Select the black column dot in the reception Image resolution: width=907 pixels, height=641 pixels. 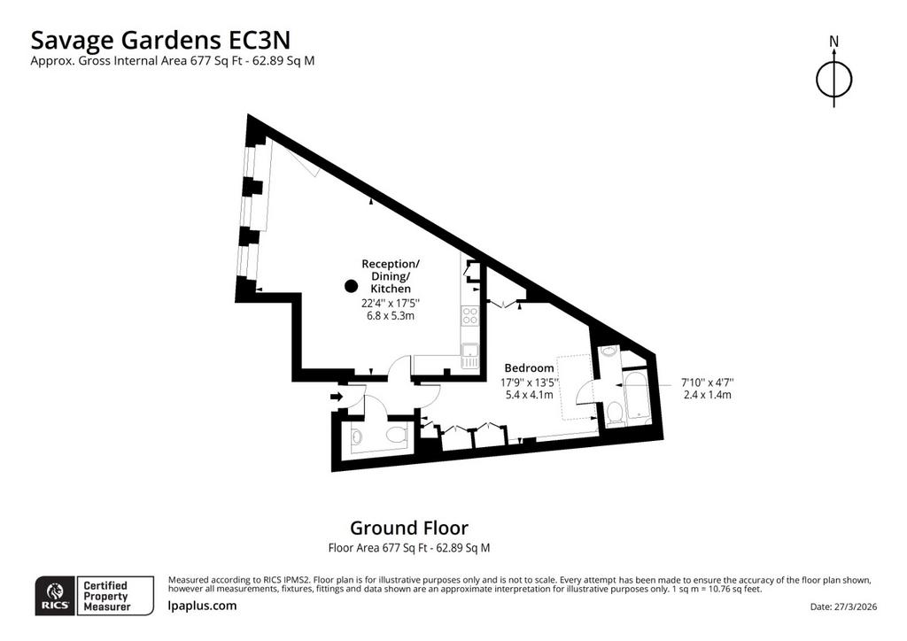point(350,286)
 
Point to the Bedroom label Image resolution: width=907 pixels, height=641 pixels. point(529,367)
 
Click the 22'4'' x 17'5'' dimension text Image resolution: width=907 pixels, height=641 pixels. point(391,303)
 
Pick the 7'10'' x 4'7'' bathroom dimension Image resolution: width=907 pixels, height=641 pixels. point(707,382)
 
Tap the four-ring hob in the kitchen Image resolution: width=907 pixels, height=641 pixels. point(469,315)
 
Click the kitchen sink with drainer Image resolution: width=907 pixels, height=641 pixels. point(469,355)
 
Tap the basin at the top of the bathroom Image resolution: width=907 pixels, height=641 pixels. point(609,351)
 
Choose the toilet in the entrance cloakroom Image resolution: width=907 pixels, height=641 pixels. point(398,435)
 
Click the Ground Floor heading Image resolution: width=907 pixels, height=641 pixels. point(409,528)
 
